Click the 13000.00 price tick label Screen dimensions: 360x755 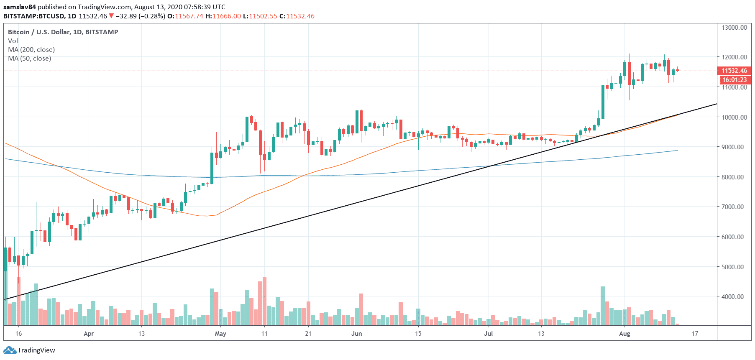click(734, 28)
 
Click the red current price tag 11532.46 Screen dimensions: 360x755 click(734, 71)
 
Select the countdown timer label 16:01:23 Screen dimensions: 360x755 click(734, 80)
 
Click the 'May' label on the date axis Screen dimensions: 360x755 click(220, 334)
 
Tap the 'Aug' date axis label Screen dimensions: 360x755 click(624, 334)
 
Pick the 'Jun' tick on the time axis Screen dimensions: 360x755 click(356, 334)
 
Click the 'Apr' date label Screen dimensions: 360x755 click(89, 334)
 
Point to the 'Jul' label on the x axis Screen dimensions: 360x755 click(488, 334)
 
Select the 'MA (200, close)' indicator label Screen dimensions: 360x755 click(31, 50)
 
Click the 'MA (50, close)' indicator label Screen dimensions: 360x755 click(30, 59)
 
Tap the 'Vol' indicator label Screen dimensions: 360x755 click(13, 41)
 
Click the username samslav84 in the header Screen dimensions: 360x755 click(20, 7)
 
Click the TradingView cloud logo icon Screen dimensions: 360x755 click(10, 350)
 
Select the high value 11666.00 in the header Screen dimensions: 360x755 click(227, 16)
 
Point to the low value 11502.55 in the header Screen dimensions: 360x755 click(263, 16)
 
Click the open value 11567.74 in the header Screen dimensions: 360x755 click(189, 16)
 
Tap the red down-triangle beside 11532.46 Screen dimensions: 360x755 click(111, 16)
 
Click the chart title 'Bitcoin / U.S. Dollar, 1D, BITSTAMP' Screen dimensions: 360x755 click(63, 32)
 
